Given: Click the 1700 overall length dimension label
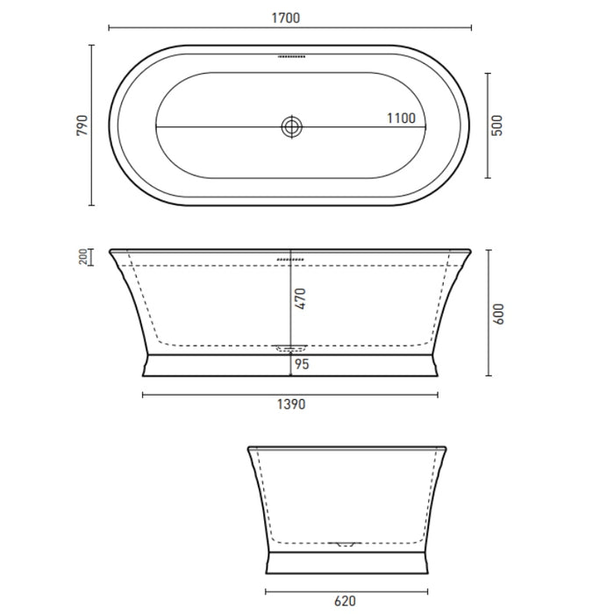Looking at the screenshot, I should click(290, 16).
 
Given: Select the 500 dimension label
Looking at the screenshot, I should click(498, 125).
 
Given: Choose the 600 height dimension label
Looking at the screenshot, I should click(498, 312).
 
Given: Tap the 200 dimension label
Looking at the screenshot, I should click(82, 256).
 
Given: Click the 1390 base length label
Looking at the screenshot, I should click(290, 405).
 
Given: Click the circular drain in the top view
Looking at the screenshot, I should click(290, 127).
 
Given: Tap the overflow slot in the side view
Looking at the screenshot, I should click(290, 260).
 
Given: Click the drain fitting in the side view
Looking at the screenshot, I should click(290, 348).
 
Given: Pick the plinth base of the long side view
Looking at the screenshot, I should click(290, 365).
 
